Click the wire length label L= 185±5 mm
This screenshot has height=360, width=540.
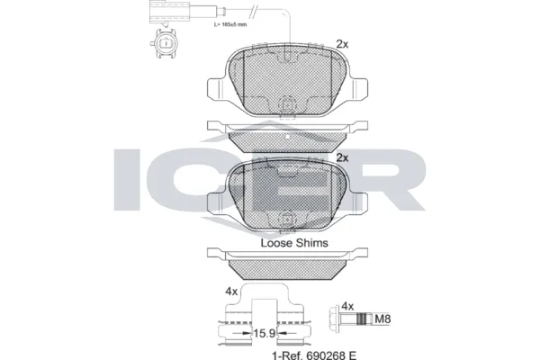pyautogui.click(x=230, y=25)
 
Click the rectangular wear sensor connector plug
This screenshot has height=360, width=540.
pyautogui.click(x=169, y=13)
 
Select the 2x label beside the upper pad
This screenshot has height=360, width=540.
pyautogui.click(x=342, y=44)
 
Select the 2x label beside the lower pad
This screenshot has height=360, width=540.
pyautogui.click(x=342, y=157)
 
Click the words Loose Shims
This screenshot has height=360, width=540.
pyautogui.click(x=294, y=243)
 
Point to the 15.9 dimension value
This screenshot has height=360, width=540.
pyautogui.click(x=265, y=333)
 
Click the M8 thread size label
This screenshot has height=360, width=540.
pyautogui.click(x=382, y=319)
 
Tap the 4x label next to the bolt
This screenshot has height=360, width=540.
pyautogui.click(x=347, y=306)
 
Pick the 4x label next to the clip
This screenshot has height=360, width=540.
pyautogui.click(x=231, y=292)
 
